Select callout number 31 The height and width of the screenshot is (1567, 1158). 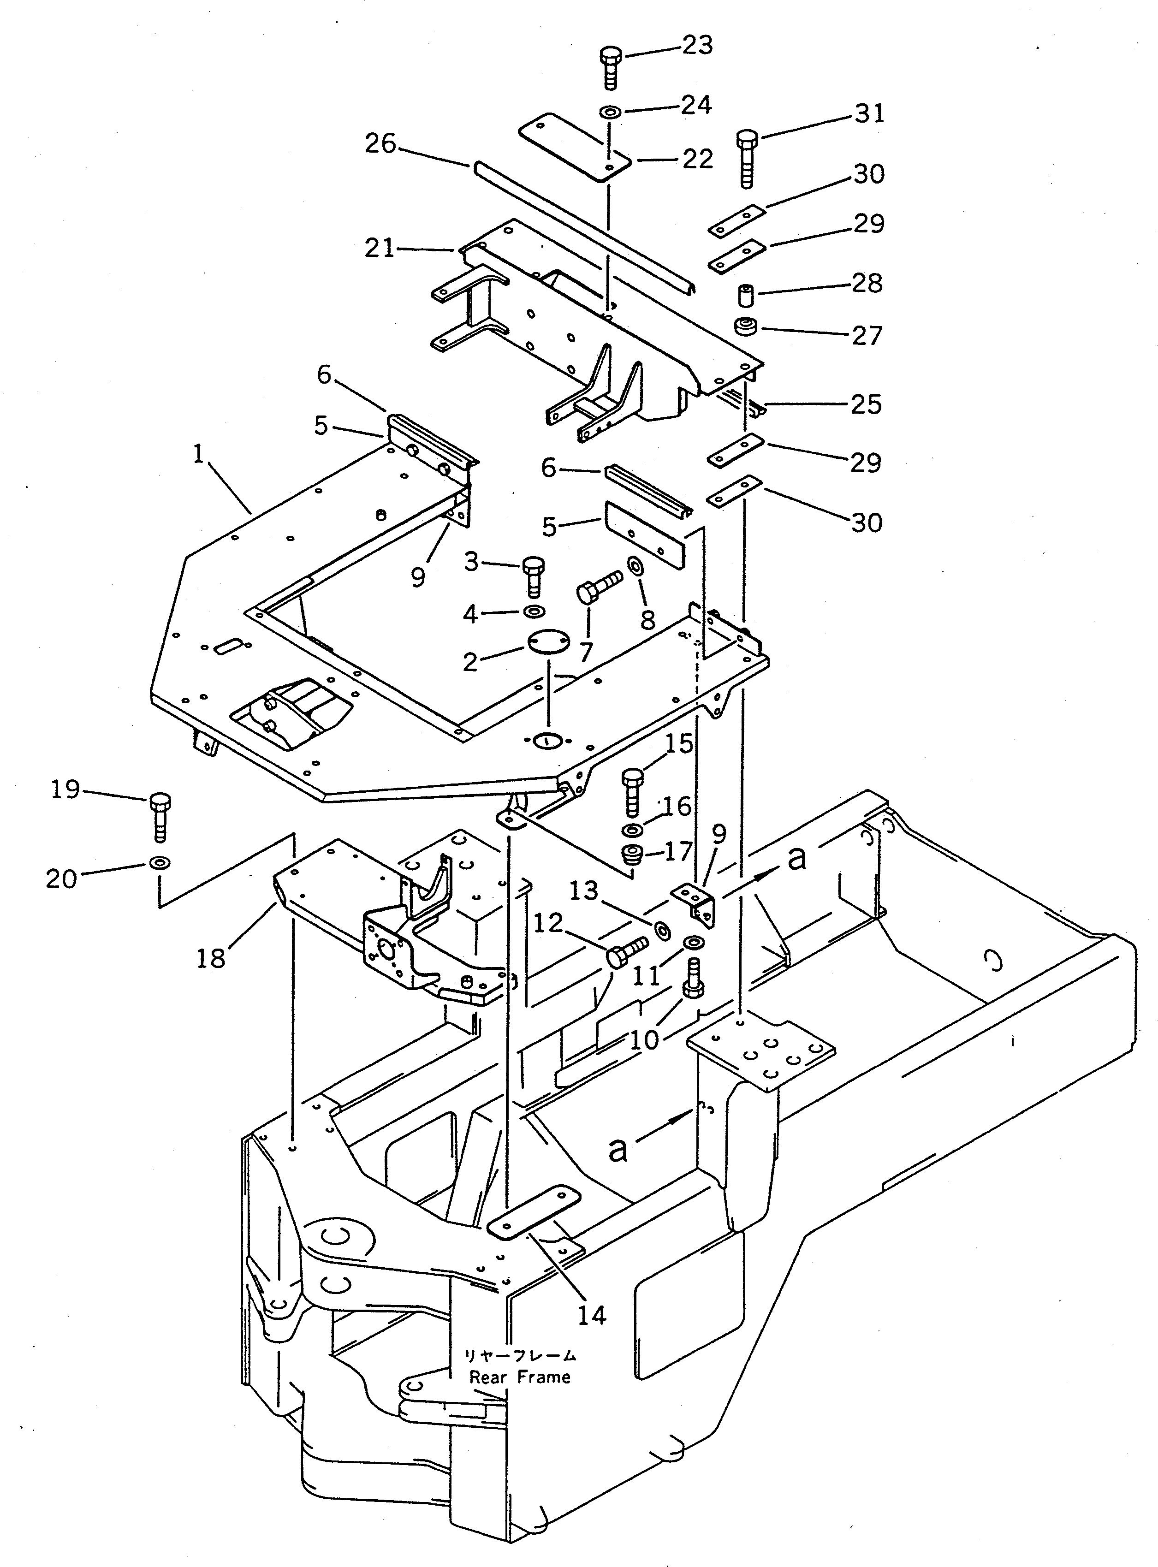click(869, 113)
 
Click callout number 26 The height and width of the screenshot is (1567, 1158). click(380, 144)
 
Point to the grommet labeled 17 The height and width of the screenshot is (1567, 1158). click(634, 856)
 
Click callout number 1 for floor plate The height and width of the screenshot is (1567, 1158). click(198, 454)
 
